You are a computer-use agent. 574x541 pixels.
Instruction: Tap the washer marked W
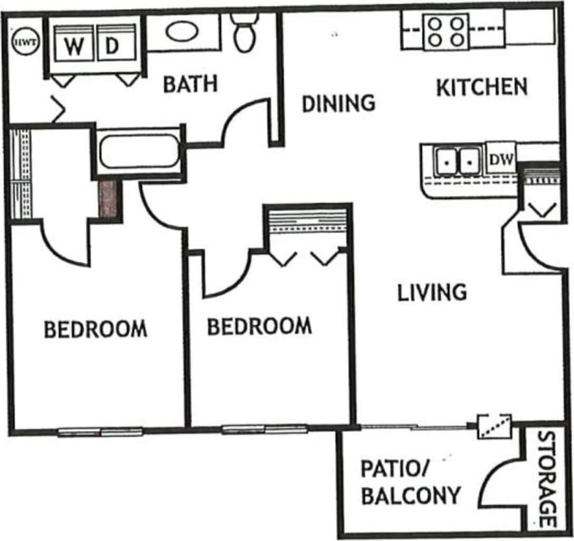pyautogui.click(x=74, y=46)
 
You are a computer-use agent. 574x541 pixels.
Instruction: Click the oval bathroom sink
pyautogui.click(x=182, y=32)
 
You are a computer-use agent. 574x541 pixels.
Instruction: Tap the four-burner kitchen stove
pyautogui.click(x=446, y=31)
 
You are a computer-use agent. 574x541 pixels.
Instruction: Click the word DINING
pyautogui.click(x=338, y=103)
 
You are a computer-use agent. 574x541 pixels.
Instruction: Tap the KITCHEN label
pyautogui.click(x=482, y=88)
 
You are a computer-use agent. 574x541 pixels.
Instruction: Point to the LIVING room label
pyautogui.click(x=432, y=292)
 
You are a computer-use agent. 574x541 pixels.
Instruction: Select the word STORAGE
pyautogui.click(x=548, y=479)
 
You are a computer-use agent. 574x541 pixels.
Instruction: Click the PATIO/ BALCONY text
pyautogui.click(x=410, y=482)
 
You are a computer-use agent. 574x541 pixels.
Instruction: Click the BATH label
pyautogui.click(x=190, y=84)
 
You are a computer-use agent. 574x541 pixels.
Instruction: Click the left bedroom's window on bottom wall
pyautogui.click(x=100, y=432)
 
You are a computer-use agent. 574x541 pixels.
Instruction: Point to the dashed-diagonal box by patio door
pyautogui.click(x=494, y=427)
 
